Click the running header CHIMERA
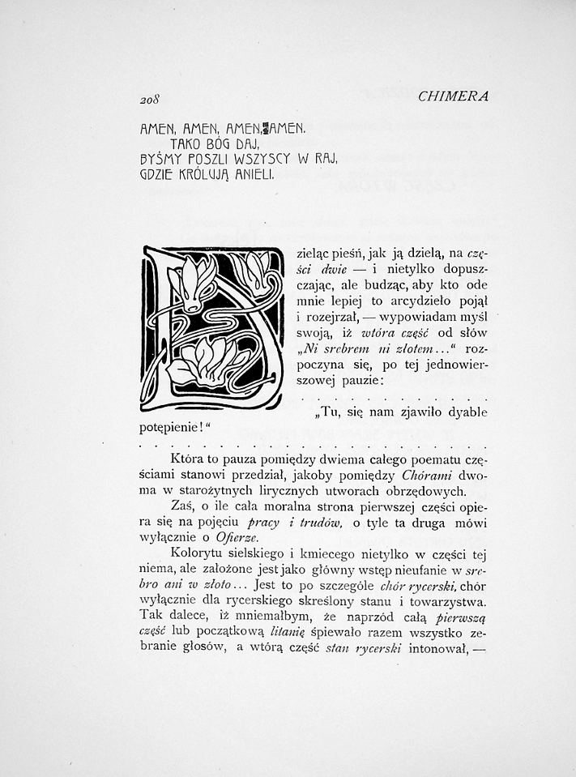tap(454, 96)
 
